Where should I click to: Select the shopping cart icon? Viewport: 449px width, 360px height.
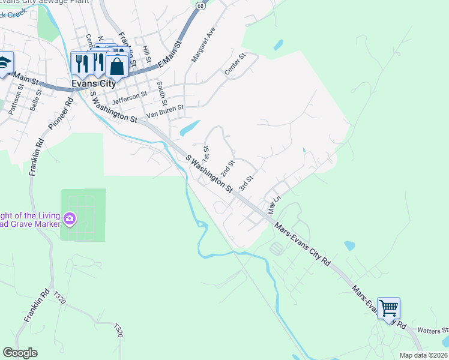(388, 308)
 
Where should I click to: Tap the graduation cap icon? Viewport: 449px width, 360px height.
(4, 62)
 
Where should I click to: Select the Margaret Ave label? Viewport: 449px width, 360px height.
(203, 44)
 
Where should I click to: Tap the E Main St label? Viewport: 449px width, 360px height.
(169, 55)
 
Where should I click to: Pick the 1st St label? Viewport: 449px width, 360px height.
(206, 153)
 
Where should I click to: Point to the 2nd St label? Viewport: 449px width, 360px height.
(226, 169)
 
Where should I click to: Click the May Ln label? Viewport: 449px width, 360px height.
(274, 206)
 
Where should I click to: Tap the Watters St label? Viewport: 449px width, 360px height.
(433, 330)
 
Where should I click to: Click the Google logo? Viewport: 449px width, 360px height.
(20, 353)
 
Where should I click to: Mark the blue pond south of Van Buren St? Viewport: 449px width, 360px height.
(190, 127)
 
